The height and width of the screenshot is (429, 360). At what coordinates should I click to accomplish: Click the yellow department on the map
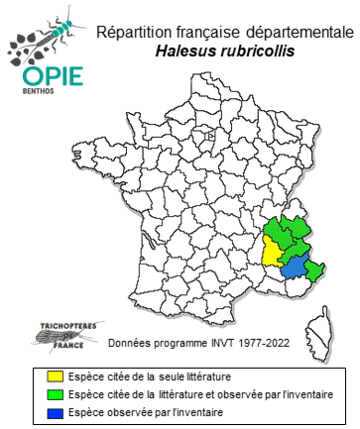(271, 253)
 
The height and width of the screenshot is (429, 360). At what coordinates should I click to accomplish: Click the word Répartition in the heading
(135, 36)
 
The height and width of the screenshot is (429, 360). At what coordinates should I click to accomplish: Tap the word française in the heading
(207, 36)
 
